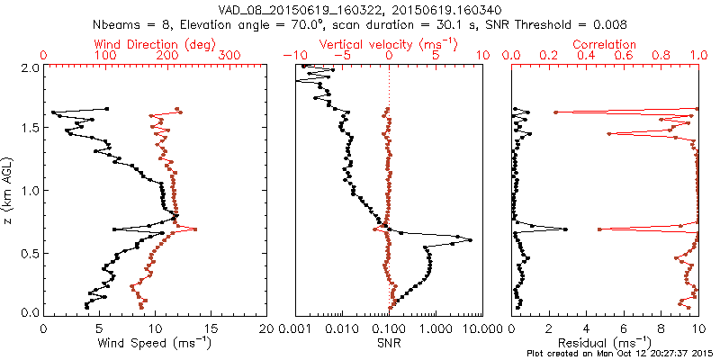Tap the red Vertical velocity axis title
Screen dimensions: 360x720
tap(388, 43)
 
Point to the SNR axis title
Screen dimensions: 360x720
tap(390, 343)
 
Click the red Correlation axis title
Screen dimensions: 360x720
tap(605, 43)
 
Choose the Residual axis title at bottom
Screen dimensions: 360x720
tap(605, 343)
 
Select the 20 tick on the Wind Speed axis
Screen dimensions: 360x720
tap(265, 328)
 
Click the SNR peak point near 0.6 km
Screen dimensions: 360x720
tap(470, 240)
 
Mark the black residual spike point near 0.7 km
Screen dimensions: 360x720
tap(565, 229)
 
